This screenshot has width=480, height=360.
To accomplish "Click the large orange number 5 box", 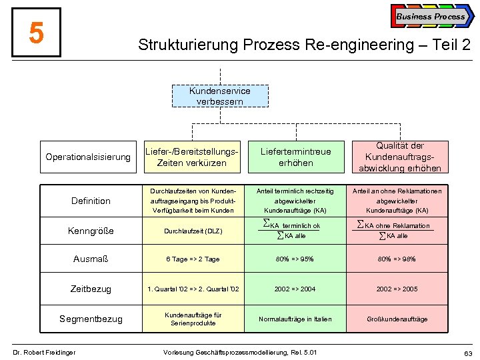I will point(37,33).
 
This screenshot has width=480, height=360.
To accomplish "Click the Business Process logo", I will point(431,16).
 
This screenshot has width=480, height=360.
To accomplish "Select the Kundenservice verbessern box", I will point(219,96).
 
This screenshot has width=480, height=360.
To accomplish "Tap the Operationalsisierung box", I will point(88,157).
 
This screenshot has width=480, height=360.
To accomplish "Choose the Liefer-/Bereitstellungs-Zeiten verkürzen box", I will point(191,157).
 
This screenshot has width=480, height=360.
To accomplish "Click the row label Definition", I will point(91,201).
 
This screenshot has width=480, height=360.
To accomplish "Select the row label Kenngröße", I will point(91,231).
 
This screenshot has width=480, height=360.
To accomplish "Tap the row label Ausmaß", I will point(91,259).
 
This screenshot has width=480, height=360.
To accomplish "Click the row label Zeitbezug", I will point(91,289).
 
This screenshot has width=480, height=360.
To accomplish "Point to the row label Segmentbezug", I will point(91,319).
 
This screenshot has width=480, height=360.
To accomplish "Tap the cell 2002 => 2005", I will point(397,289).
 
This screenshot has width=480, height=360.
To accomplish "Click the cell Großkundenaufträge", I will point(397,319).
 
